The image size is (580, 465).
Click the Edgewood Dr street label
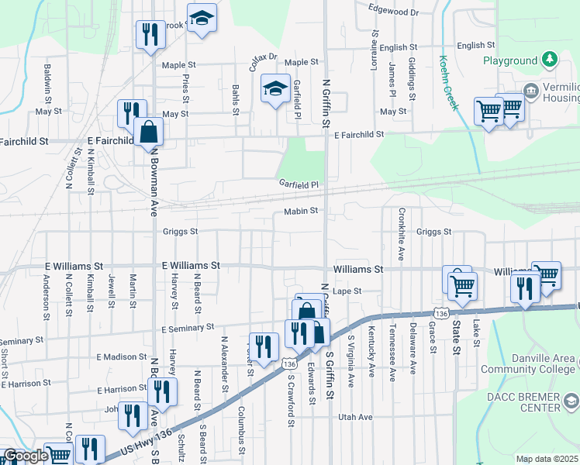click(x=393, y=12)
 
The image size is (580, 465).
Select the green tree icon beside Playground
click(x=550, y=60)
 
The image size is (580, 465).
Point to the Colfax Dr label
click(x=263, y=63)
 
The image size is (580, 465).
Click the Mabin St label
click(x=301, y=211)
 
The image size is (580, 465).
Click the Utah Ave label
click(x=355, y=417)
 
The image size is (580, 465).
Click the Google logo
click(x=26, y=456)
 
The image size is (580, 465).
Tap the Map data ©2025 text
click(x=547, y=459)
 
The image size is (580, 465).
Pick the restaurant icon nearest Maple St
click(x=150, y=34)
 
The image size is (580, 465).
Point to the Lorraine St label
click(x=374, y=46)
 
